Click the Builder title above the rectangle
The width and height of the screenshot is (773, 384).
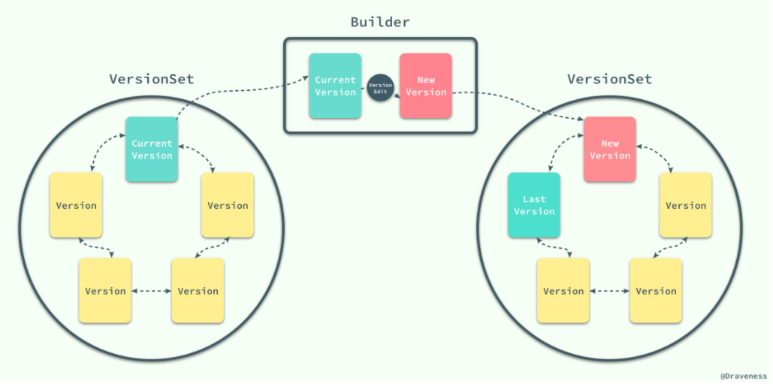(380, 23)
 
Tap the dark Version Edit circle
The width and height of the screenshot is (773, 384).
(381, 88)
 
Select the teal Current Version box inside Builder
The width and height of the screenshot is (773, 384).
(335, 86)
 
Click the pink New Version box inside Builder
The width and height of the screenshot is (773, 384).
(426, 86)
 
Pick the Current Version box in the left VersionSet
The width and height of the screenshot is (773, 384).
(152, 150)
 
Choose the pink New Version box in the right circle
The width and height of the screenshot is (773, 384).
(610, 150)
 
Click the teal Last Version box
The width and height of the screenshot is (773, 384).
(534, 205)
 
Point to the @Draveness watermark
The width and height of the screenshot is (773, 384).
(744, 376)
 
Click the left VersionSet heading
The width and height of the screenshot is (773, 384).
(152, 79)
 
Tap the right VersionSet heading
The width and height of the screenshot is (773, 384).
(610, 79)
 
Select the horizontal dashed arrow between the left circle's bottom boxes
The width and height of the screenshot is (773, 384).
(151, 292)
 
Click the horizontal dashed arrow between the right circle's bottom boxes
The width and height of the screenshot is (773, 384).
(609, 292)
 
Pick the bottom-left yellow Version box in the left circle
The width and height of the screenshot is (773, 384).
(105, 291)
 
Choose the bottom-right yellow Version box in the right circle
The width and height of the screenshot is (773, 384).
(656, 291)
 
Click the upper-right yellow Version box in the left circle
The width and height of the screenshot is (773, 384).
(228, 205)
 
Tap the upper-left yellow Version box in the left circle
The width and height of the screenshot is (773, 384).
(76, 205)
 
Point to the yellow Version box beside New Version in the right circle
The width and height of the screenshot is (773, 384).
(686, 205)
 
